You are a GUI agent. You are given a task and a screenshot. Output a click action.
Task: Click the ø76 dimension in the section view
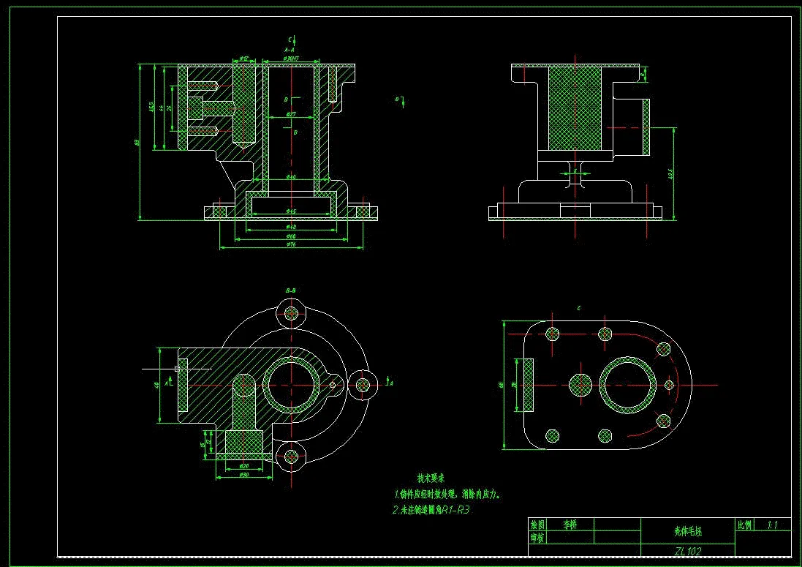(290, 244)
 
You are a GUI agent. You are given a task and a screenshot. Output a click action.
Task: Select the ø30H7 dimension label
(290, 57)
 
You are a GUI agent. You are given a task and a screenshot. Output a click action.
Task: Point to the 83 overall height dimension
(136, 142)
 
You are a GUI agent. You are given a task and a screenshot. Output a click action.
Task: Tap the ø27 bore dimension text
(290, 115)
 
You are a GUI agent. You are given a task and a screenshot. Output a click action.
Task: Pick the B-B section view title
(290, 291)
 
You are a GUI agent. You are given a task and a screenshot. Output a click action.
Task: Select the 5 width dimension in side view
(575, 170)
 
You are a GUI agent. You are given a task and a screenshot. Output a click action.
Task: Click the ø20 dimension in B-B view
(244, 465)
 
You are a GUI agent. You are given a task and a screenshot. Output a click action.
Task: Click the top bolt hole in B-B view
(292, 313)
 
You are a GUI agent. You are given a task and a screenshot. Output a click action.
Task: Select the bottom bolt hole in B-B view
(292, 456)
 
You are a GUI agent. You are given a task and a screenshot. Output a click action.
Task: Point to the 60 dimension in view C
(502, 384)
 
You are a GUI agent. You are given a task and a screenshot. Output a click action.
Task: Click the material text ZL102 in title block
(687, 551)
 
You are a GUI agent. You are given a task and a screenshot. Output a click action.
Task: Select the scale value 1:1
(773, 525)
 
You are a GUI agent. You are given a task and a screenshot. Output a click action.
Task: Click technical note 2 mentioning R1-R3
(431, 509)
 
